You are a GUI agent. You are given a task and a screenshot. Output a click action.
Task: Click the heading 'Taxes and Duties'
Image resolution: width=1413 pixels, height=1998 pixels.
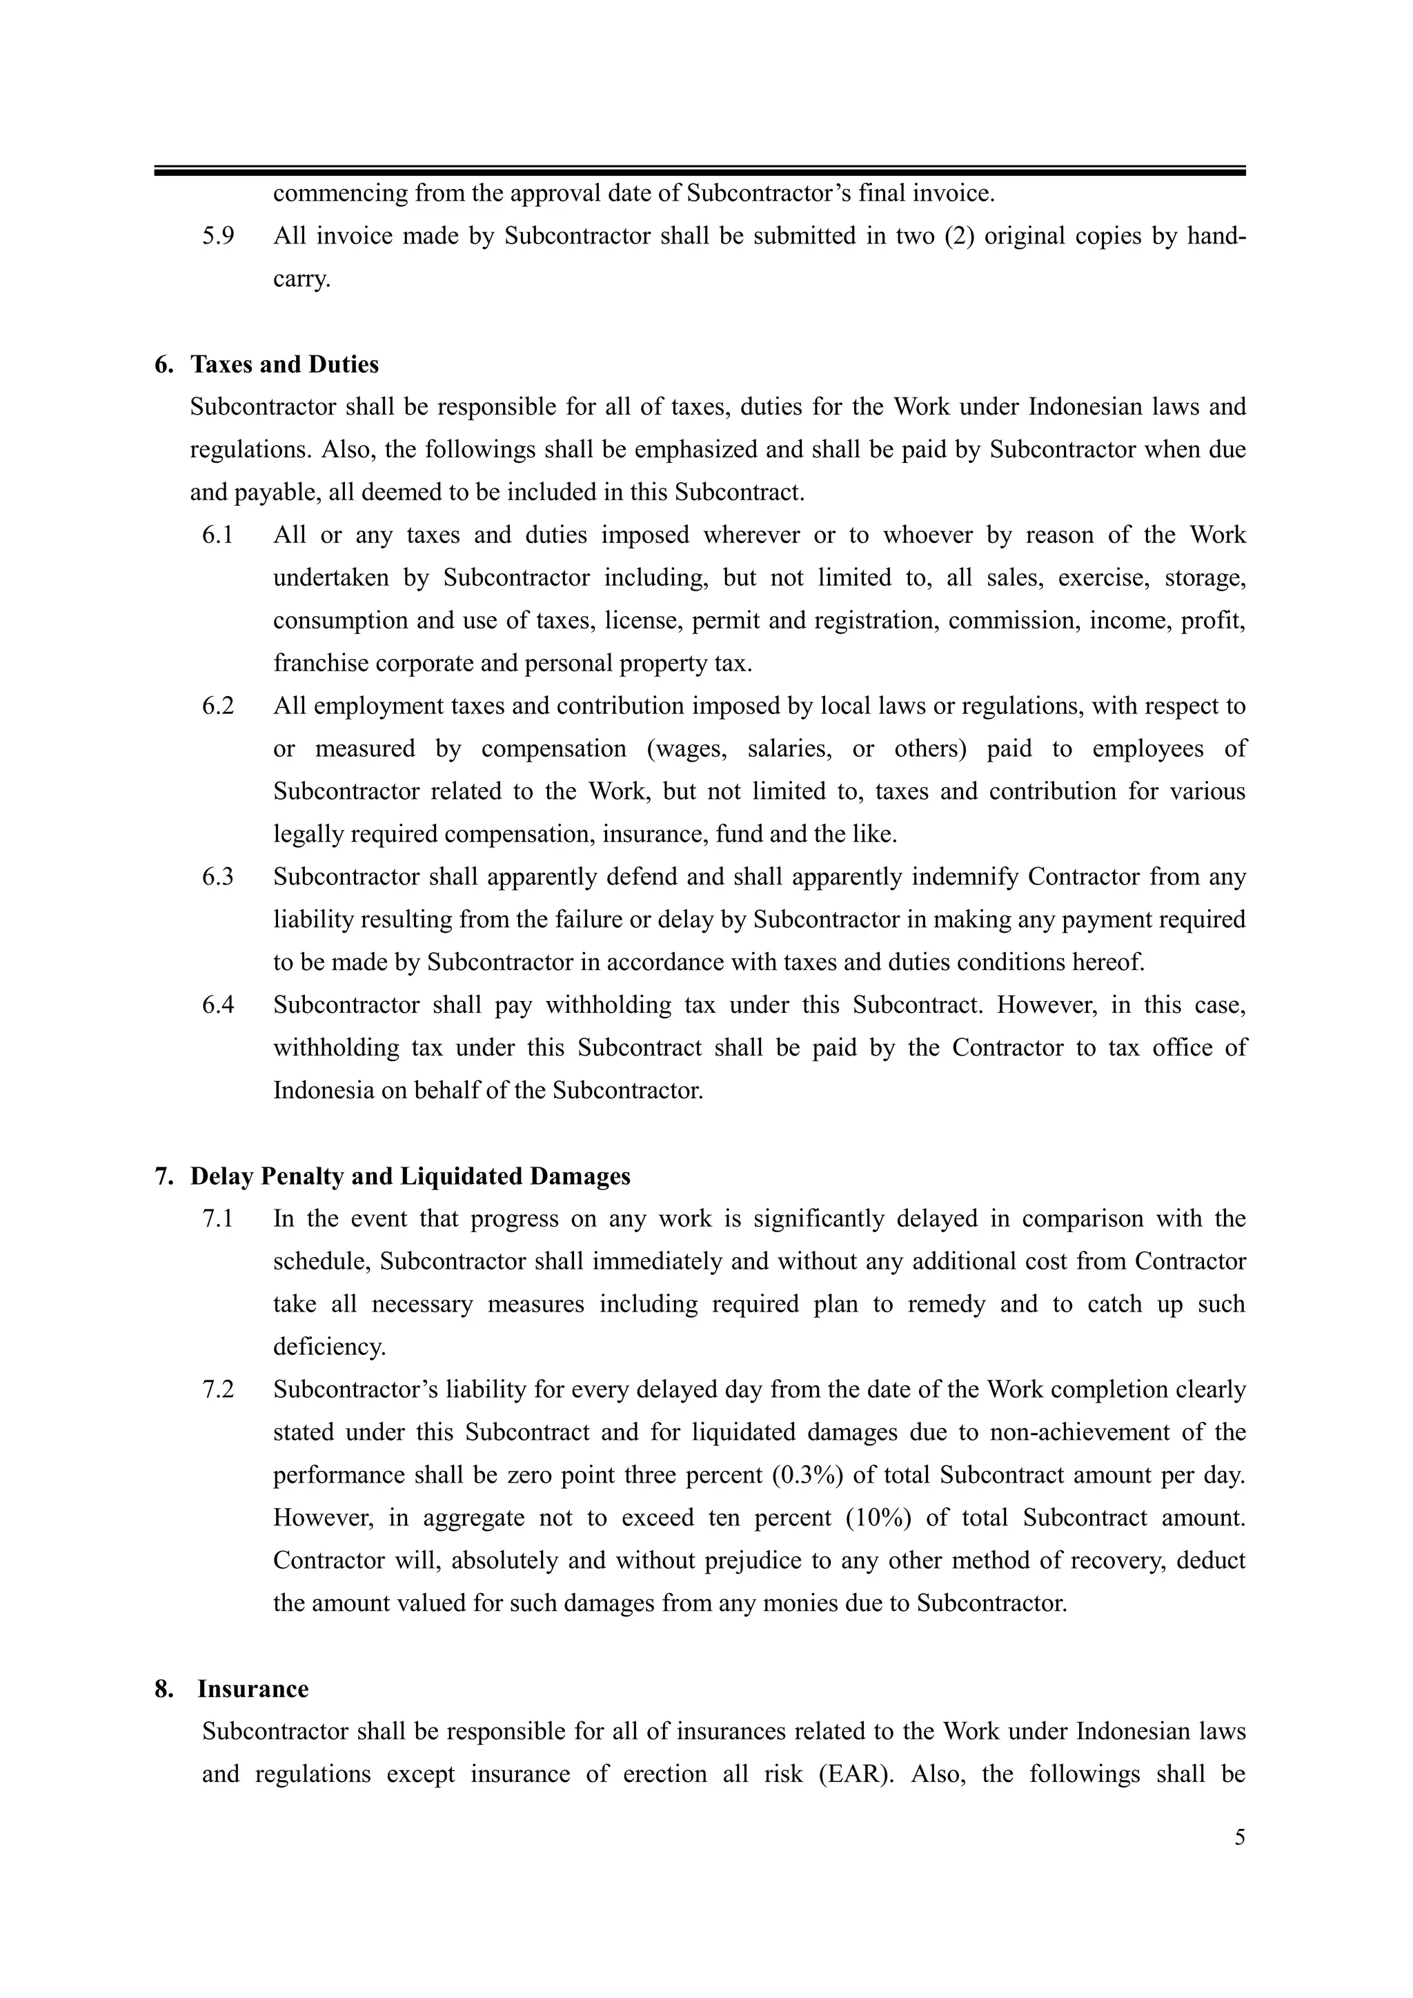[x=284, y=364]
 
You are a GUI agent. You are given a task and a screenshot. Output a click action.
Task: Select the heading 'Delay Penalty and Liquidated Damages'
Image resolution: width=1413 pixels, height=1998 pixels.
[x=410, y=1176]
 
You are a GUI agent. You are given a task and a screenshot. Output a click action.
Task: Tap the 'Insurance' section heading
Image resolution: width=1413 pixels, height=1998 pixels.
[x=253, y=1689]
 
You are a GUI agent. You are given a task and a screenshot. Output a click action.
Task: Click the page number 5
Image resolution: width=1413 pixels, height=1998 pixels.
[x=1239, y=1838]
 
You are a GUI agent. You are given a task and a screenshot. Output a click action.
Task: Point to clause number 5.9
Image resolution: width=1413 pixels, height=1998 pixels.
[x=219, y=237]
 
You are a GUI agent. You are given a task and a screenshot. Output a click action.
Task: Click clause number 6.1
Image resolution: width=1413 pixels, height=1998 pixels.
[x=219, y=535]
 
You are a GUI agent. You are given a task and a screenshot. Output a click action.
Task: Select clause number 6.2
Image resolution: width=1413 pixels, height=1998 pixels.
[x=219, y=706]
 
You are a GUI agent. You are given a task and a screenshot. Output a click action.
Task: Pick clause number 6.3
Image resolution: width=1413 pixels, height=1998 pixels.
[x=219, y=877]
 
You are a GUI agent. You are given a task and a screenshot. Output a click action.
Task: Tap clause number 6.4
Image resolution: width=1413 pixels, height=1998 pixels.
[x=219, y=1005]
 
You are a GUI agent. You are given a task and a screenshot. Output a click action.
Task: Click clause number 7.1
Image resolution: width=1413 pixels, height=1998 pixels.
[x=219, y=1219]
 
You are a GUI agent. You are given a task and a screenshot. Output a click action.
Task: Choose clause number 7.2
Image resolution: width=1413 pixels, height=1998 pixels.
[x=219, y=1389]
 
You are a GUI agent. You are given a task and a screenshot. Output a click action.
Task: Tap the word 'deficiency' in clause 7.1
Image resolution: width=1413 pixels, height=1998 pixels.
[x=328, y=1348]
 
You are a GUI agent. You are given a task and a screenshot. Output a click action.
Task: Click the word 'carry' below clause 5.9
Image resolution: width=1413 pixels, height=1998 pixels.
[x=300, y=280]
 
